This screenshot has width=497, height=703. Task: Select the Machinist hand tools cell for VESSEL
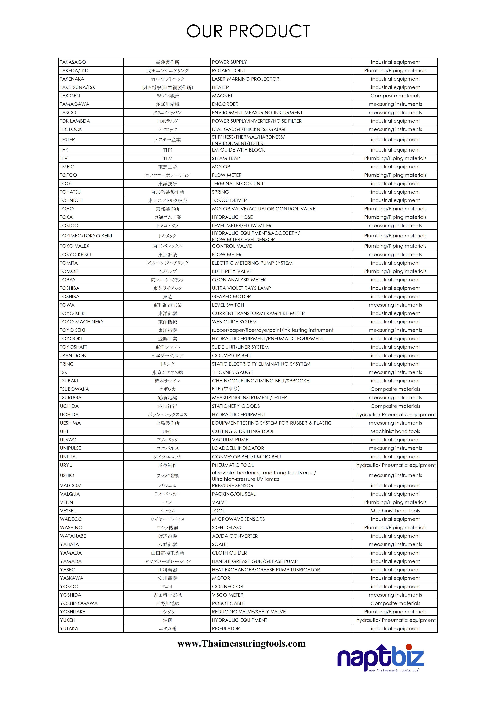click(x=395, y=511)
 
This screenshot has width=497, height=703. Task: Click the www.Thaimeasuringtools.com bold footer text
click(x=241, y=644)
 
